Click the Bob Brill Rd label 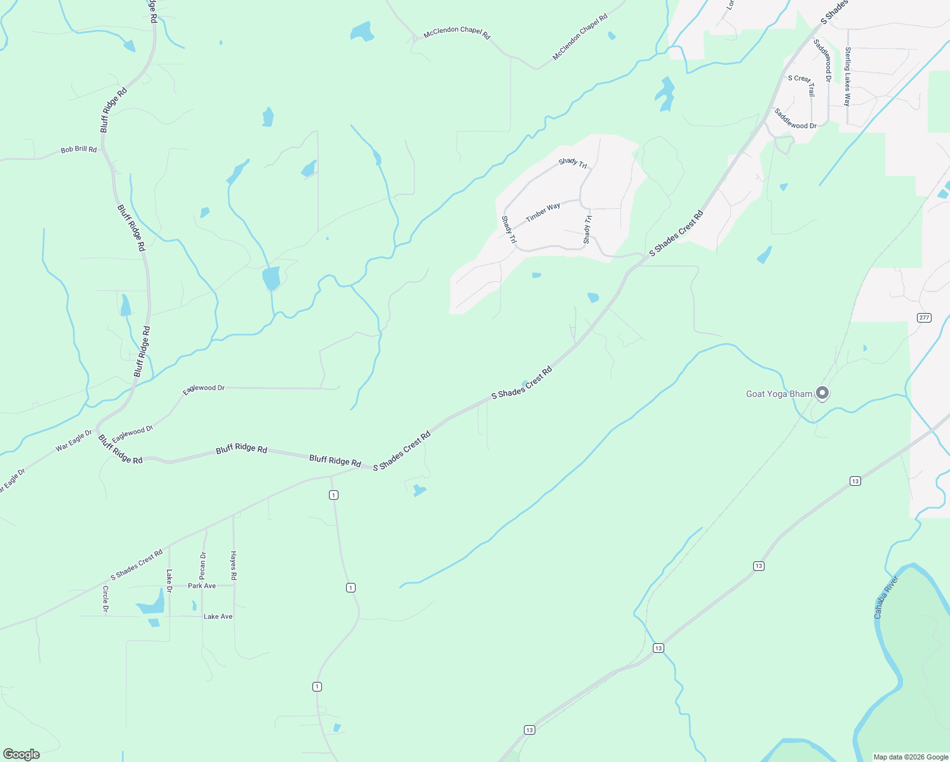[79, 150]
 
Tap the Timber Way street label [543, 211]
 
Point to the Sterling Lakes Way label [847, 76]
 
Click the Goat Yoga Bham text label [779, 394]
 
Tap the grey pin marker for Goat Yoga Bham [822, 393]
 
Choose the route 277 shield [924, 317]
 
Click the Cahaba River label [886, 597]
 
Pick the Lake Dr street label [170, 580]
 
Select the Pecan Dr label [203, 565]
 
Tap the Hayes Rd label [234, 565]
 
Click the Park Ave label [202, 586]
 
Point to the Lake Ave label [218, 617]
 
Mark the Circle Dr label [105, 599]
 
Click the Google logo [22, 754]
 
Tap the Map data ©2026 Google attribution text [911, 757]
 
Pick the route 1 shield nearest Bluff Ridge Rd [333, 495]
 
